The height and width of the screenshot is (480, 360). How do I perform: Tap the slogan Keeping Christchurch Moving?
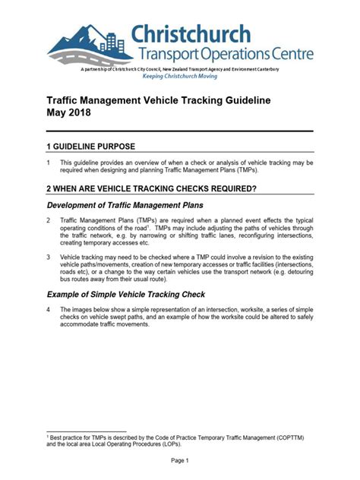tap(179, 77)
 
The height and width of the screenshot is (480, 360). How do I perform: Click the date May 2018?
tap(68, 113)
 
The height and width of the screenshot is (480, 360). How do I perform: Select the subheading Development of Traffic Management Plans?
tap(125, 205)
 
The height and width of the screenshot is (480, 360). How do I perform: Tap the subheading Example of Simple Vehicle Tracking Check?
tap(126, 294)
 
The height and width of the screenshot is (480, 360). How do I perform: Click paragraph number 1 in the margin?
tap(49, 163)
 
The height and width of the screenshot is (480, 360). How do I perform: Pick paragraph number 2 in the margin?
tap(49, 220)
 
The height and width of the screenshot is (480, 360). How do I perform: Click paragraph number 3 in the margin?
tap(49, 257)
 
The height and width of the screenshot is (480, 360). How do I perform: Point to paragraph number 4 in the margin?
tap(49, 310)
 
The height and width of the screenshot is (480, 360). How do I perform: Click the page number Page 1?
tap(179, 460)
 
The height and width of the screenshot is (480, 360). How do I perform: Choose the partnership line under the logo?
tap(179, 69)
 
